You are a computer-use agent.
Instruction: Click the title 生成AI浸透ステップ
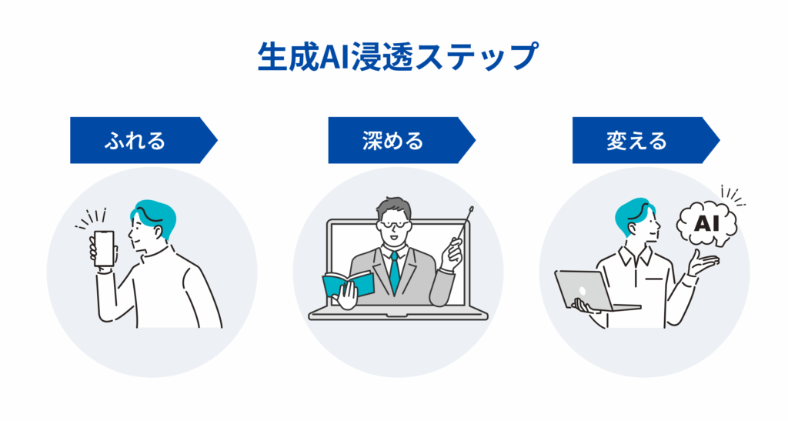point(398,57)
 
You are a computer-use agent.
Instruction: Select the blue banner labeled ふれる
point(143,140)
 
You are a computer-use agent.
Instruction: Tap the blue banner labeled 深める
point(402,140)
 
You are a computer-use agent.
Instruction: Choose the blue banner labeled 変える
point(646,140)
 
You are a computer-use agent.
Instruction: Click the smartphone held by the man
point(105,248)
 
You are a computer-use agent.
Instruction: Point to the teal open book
point(348,284)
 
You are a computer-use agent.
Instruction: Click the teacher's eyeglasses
point(395,225)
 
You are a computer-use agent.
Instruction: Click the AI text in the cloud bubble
point(706,223)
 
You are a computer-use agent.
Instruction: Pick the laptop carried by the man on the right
point(596,291)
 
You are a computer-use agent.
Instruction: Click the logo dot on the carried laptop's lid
point(583,291)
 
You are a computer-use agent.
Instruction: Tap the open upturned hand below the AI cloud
point(703,262)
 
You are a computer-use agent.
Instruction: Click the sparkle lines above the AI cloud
point(733,195)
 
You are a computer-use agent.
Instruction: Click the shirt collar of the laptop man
point(636,257)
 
